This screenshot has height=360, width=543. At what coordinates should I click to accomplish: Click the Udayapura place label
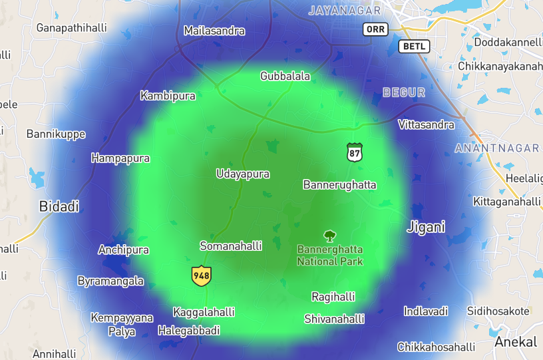coord(243,174)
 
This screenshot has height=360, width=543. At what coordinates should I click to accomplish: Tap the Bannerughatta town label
coord(339,184)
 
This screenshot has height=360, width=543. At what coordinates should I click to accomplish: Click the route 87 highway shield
coord(355,152)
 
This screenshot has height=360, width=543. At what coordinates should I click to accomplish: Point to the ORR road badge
coord(375,29)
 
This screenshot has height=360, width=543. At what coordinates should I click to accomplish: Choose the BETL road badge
coord(414,47)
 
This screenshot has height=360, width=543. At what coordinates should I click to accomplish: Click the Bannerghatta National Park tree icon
coord(329,236)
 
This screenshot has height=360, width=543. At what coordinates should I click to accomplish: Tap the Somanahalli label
coord(231,246)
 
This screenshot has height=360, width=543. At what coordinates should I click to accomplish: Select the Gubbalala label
coord(285,76)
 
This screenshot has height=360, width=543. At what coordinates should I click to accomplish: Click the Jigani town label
coord(425,227)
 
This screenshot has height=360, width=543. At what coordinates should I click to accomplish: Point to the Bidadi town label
coord(59,206)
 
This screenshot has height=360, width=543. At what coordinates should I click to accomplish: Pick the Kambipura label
coord(168,96)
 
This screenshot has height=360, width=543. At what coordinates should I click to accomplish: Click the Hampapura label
coord(120,158)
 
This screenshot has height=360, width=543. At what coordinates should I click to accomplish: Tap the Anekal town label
coord(515,342)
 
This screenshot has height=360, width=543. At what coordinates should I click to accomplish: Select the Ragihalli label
coord(333,297)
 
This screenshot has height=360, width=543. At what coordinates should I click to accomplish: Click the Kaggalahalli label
coord(204,312)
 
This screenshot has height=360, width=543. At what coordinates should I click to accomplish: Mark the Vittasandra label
coord(426,124)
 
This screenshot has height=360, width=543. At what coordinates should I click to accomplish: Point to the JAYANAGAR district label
coord(345,11)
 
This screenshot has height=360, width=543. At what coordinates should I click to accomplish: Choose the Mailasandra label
coord(214,31)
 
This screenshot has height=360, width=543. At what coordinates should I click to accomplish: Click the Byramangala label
coord(110,281)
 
